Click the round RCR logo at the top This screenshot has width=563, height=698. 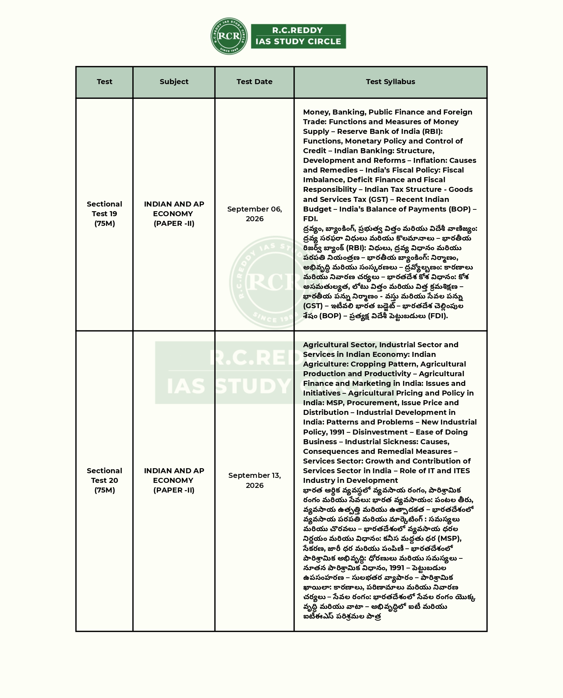tap(229, 36)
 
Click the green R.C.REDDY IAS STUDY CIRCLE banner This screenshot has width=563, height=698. tap(298, 36)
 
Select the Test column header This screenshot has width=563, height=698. tap(104, 82)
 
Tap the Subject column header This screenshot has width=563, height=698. tap(174, 82)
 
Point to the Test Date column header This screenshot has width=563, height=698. tap(254, 82)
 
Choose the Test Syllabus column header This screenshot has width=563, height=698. tap(390, 82)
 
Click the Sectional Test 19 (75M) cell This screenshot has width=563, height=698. tap(104, 214)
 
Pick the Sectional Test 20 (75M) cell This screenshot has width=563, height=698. tap(104, 480)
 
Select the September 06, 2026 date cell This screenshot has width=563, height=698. tap(254, 214)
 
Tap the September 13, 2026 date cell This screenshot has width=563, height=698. tap(254, 480)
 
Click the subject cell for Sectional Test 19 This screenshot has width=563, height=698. tap(174, 214)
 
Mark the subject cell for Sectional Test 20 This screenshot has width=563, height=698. tap(174, 480)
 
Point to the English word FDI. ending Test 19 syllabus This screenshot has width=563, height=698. tap(310, 219)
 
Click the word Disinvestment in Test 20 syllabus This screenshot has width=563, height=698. tap(380, 432)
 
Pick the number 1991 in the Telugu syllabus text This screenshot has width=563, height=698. tap(397, 568)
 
